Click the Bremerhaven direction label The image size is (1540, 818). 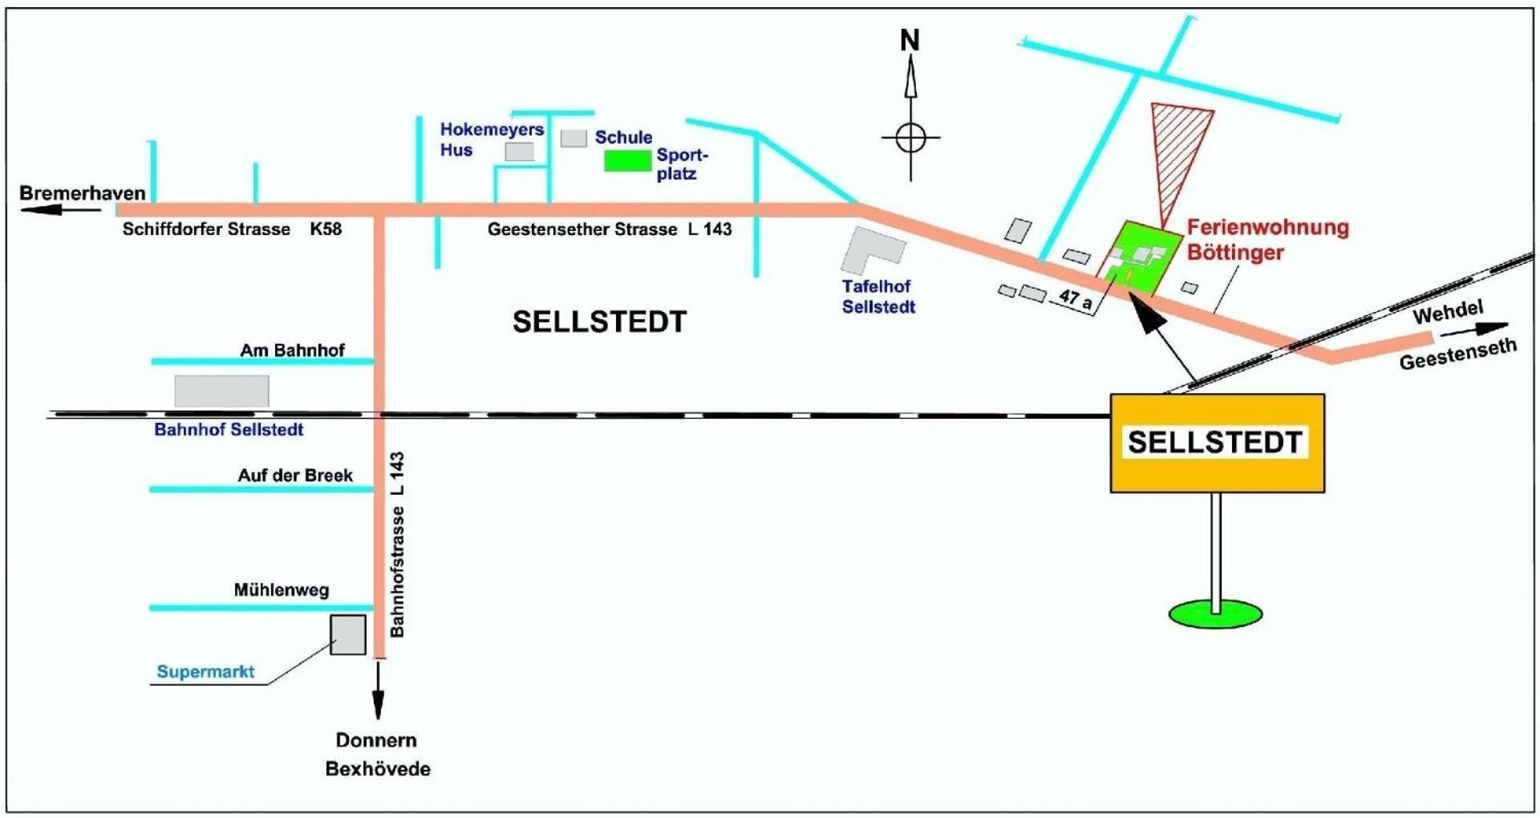pos(83,193)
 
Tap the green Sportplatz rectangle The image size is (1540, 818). pos(627,160)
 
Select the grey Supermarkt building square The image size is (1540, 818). pos(348,635)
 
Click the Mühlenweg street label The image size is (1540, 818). pos(282,590)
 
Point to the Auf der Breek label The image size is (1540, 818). pos(295,476)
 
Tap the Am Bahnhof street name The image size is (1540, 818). pos(292,350)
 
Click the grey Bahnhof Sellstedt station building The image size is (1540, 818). pos(221,391)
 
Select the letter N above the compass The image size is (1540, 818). pos(910,40)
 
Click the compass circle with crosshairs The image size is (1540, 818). pos(910,138)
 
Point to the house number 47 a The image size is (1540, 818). pos(1075,299)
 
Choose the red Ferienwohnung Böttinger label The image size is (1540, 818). pos(1267,240)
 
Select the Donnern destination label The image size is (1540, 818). pos(376,740)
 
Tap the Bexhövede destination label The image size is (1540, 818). pos(378,769)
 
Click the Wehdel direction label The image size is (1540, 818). pos(1449,312)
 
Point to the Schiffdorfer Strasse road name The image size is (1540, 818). pos(206,229)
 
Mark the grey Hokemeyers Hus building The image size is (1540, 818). pos(520,151)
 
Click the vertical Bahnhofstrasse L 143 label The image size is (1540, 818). pos(397,545)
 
